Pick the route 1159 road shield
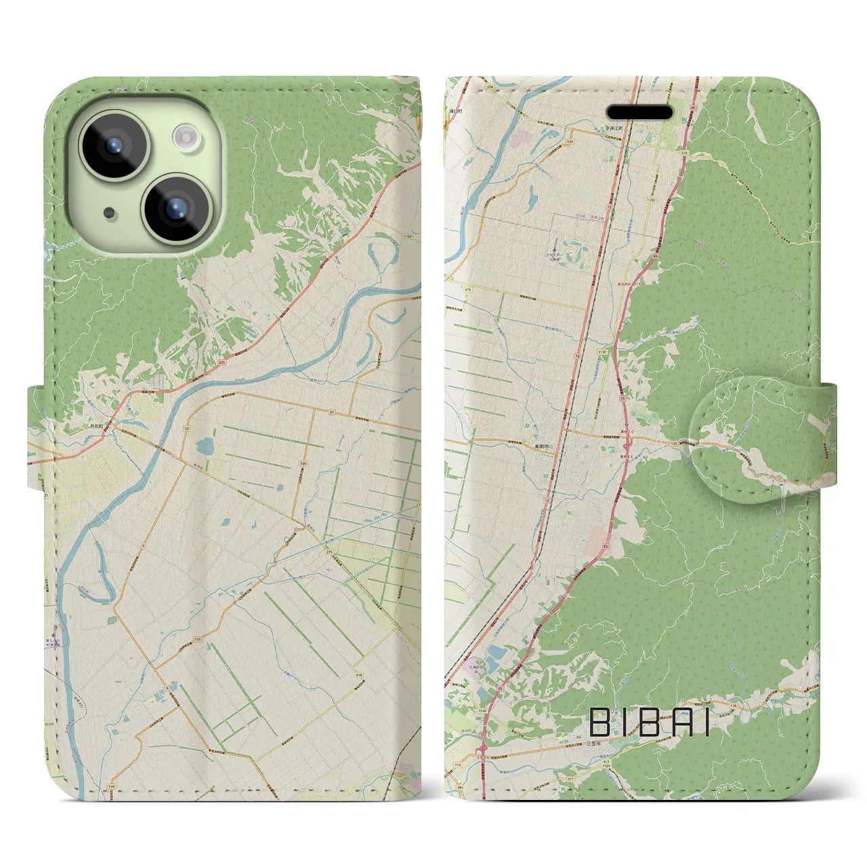click(x=406, y=236)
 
